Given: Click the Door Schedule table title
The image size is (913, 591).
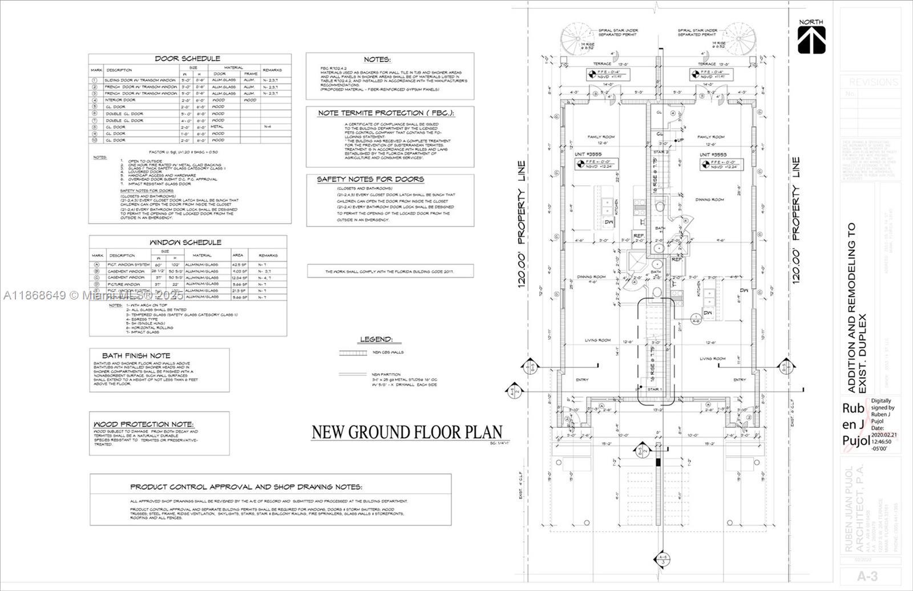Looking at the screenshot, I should coord(187,59).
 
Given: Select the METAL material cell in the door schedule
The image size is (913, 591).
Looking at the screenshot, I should coord(218,127).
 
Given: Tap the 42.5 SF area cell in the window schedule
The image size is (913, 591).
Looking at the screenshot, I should coord(238,265).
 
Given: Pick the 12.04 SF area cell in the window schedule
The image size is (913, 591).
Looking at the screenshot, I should coord(239,277).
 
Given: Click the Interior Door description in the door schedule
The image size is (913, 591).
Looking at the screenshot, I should coord(120,100).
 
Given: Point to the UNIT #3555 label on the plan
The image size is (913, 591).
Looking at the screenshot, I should coord(588,155).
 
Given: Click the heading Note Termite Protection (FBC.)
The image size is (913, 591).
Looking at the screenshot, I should coord(386,113).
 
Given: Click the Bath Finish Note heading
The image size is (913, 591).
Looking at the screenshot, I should coord(136,355).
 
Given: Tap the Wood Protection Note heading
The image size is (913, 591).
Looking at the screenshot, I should coord(144,424).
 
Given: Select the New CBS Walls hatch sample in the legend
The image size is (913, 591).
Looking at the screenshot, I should coord(353,353).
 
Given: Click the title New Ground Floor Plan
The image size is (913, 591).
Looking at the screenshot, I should coord(406,432).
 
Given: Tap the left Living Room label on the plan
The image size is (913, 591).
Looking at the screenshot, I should coord(597,341).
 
